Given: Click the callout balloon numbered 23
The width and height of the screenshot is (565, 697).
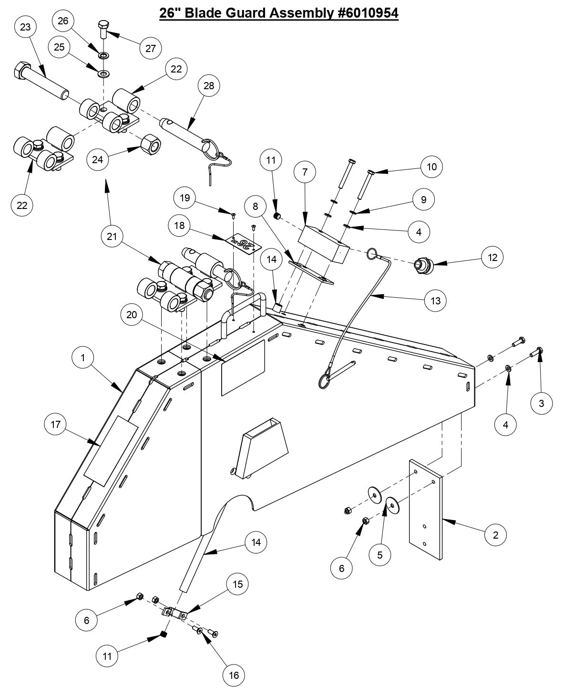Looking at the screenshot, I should click(25, 27).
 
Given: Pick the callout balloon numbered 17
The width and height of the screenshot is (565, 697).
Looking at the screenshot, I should click(56, 424).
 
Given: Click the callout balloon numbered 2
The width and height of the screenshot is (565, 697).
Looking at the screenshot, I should click(496, 535).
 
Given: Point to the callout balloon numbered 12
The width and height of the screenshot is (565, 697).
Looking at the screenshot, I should click(492, 258).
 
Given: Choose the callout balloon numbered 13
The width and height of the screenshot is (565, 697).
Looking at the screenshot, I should click(435, 301).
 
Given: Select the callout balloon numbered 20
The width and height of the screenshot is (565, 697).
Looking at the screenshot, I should click(132, 314).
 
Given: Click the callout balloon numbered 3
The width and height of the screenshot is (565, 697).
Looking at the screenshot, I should click(542, 403).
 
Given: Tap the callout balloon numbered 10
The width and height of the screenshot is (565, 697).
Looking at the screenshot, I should click(431, 166).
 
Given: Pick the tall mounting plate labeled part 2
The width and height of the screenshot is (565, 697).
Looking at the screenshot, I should click(426, 509).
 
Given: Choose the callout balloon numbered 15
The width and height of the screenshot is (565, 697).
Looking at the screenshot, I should click(237, 584).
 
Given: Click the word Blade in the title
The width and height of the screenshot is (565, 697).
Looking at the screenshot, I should click(202, 13).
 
